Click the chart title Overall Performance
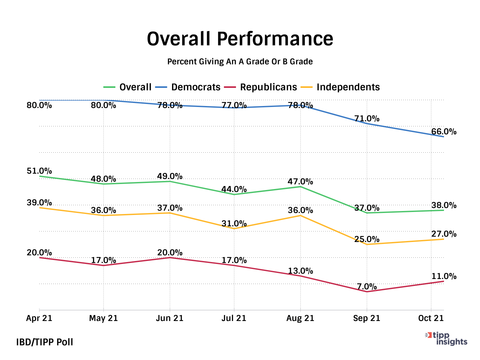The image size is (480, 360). click(x=240, y=39)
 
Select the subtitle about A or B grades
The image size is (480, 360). click(x=240, y=62)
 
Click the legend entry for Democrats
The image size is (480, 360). click(x=196, y=87)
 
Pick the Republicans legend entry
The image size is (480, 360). click(x=268, y=87)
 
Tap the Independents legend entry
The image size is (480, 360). click(x=348, y=87)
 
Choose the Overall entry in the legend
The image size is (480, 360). click(x=135, y=87)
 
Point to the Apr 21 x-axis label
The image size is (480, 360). click(x=39, y=318)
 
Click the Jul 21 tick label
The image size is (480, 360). click(x=234, y=318)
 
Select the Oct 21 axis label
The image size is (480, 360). click(x=431, y=318)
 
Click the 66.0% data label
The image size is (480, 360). click(x=444, y=132)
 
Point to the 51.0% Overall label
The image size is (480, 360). click(x=39, y=171)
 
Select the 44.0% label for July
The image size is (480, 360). click(x=234, y=190)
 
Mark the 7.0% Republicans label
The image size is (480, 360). click(x=367, y=287)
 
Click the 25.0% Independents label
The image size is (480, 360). click(x=367, y=239)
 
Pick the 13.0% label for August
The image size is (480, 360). click(x=300, y=271)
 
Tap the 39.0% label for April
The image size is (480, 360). click(x=39, y=203)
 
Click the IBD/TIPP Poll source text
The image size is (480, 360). click(x=45, y=342)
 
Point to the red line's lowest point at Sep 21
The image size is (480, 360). click(x=367, y=292)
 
